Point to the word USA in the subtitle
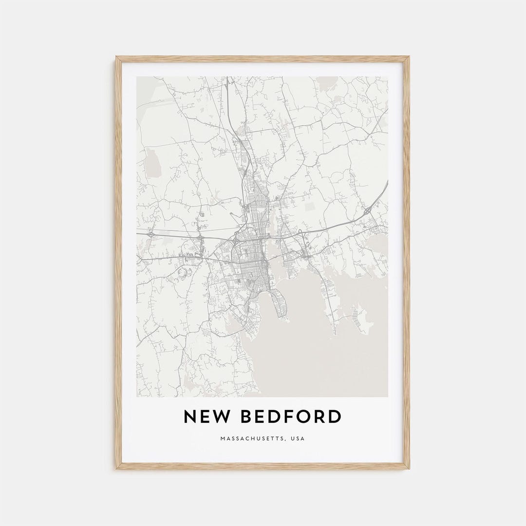(x=298, y=439)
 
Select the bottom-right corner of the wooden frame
(x=409, y=469)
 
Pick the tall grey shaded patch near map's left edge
(x=152, y=161)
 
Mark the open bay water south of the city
(x=312, y=356)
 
